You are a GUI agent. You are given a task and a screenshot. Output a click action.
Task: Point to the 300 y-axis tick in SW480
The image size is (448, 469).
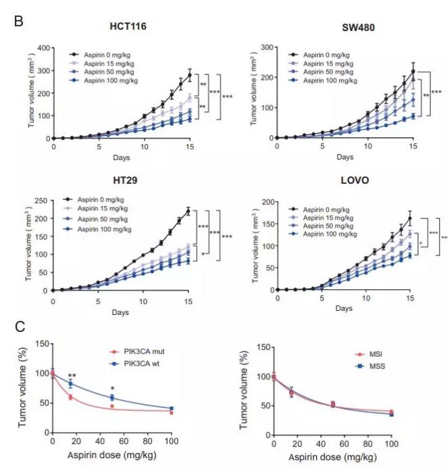coord(266,48)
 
